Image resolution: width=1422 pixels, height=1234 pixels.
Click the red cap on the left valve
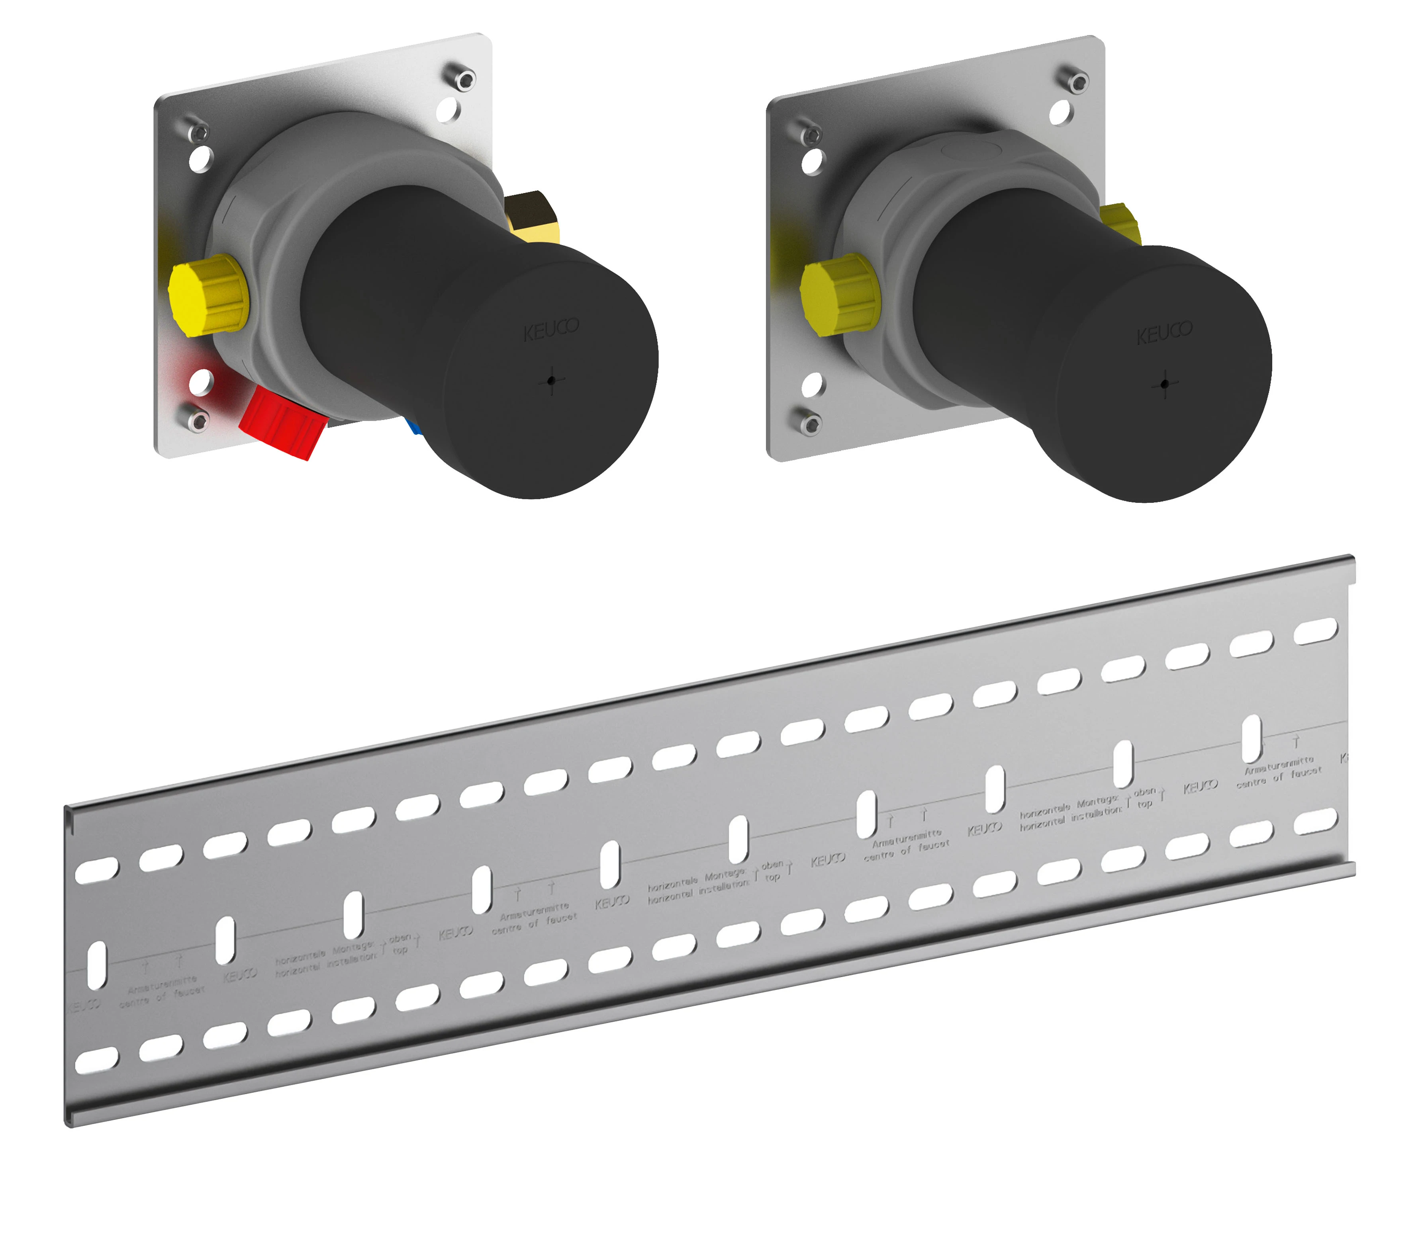click(x=281, y=422)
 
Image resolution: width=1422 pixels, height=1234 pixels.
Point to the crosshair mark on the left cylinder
click(x=551, y=379)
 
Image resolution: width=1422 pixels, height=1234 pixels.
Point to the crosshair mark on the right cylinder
click(x=1164, y=384)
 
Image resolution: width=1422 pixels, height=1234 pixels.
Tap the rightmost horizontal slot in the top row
click(x=1315, y=631)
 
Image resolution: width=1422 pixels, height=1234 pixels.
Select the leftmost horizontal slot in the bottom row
click(x=96, y=1060)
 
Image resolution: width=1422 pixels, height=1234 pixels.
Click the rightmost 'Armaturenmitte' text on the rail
click(x=1279, y=765)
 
